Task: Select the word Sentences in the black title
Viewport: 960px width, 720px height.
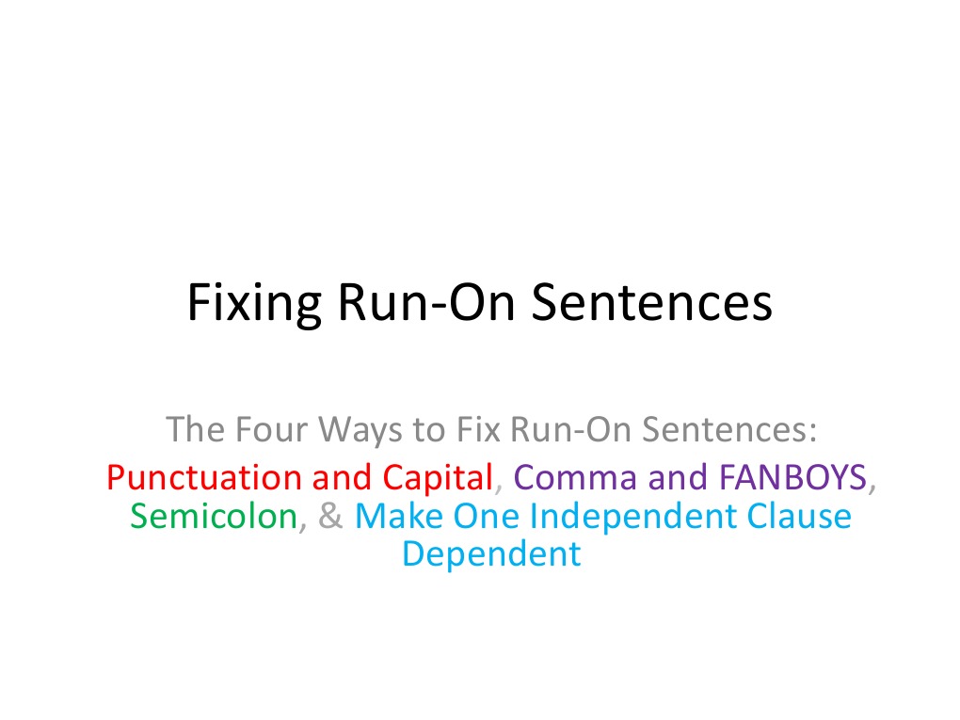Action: [651, 302]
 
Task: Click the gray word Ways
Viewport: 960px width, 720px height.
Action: [362, 431]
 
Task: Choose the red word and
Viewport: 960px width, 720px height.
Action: [343, 478]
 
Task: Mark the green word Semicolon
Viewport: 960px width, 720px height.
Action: [214, 517]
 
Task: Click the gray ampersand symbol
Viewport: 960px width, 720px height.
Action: [331, 517]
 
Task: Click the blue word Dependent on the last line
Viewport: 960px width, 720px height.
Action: [490, 554]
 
